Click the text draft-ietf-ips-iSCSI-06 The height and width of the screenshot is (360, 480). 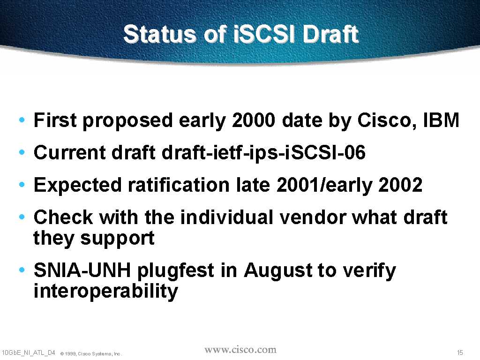[x=263, y=152]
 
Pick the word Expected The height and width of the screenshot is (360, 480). [x=78, y=185]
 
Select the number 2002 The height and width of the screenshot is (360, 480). [x=400, y=185]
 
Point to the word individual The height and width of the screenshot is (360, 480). [x=227, y=217]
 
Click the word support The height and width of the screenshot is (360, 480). [x=117, y=239]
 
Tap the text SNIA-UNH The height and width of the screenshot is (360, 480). [x=82, y=270]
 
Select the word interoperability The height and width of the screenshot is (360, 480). [x=105, y=292]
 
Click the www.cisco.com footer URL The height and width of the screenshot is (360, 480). [x=240, y=350]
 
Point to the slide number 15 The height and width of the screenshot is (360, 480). [x=460, y=352]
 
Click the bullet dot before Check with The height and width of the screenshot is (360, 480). [x=22, y=217]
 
